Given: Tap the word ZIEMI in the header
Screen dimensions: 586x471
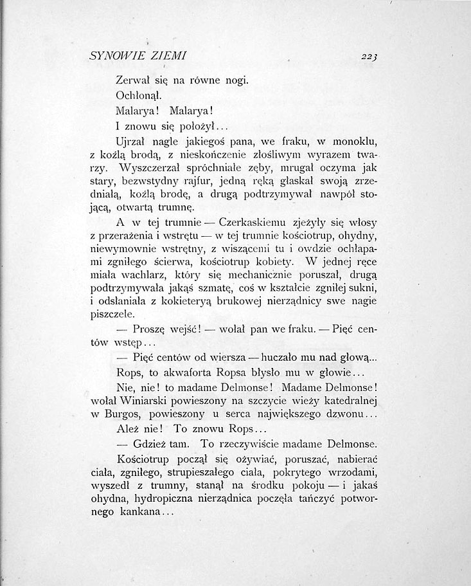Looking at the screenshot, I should pyautogui.click(x=166, y=56).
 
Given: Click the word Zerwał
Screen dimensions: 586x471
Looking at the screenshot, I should pyautogui.click(x=130, y=81).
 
